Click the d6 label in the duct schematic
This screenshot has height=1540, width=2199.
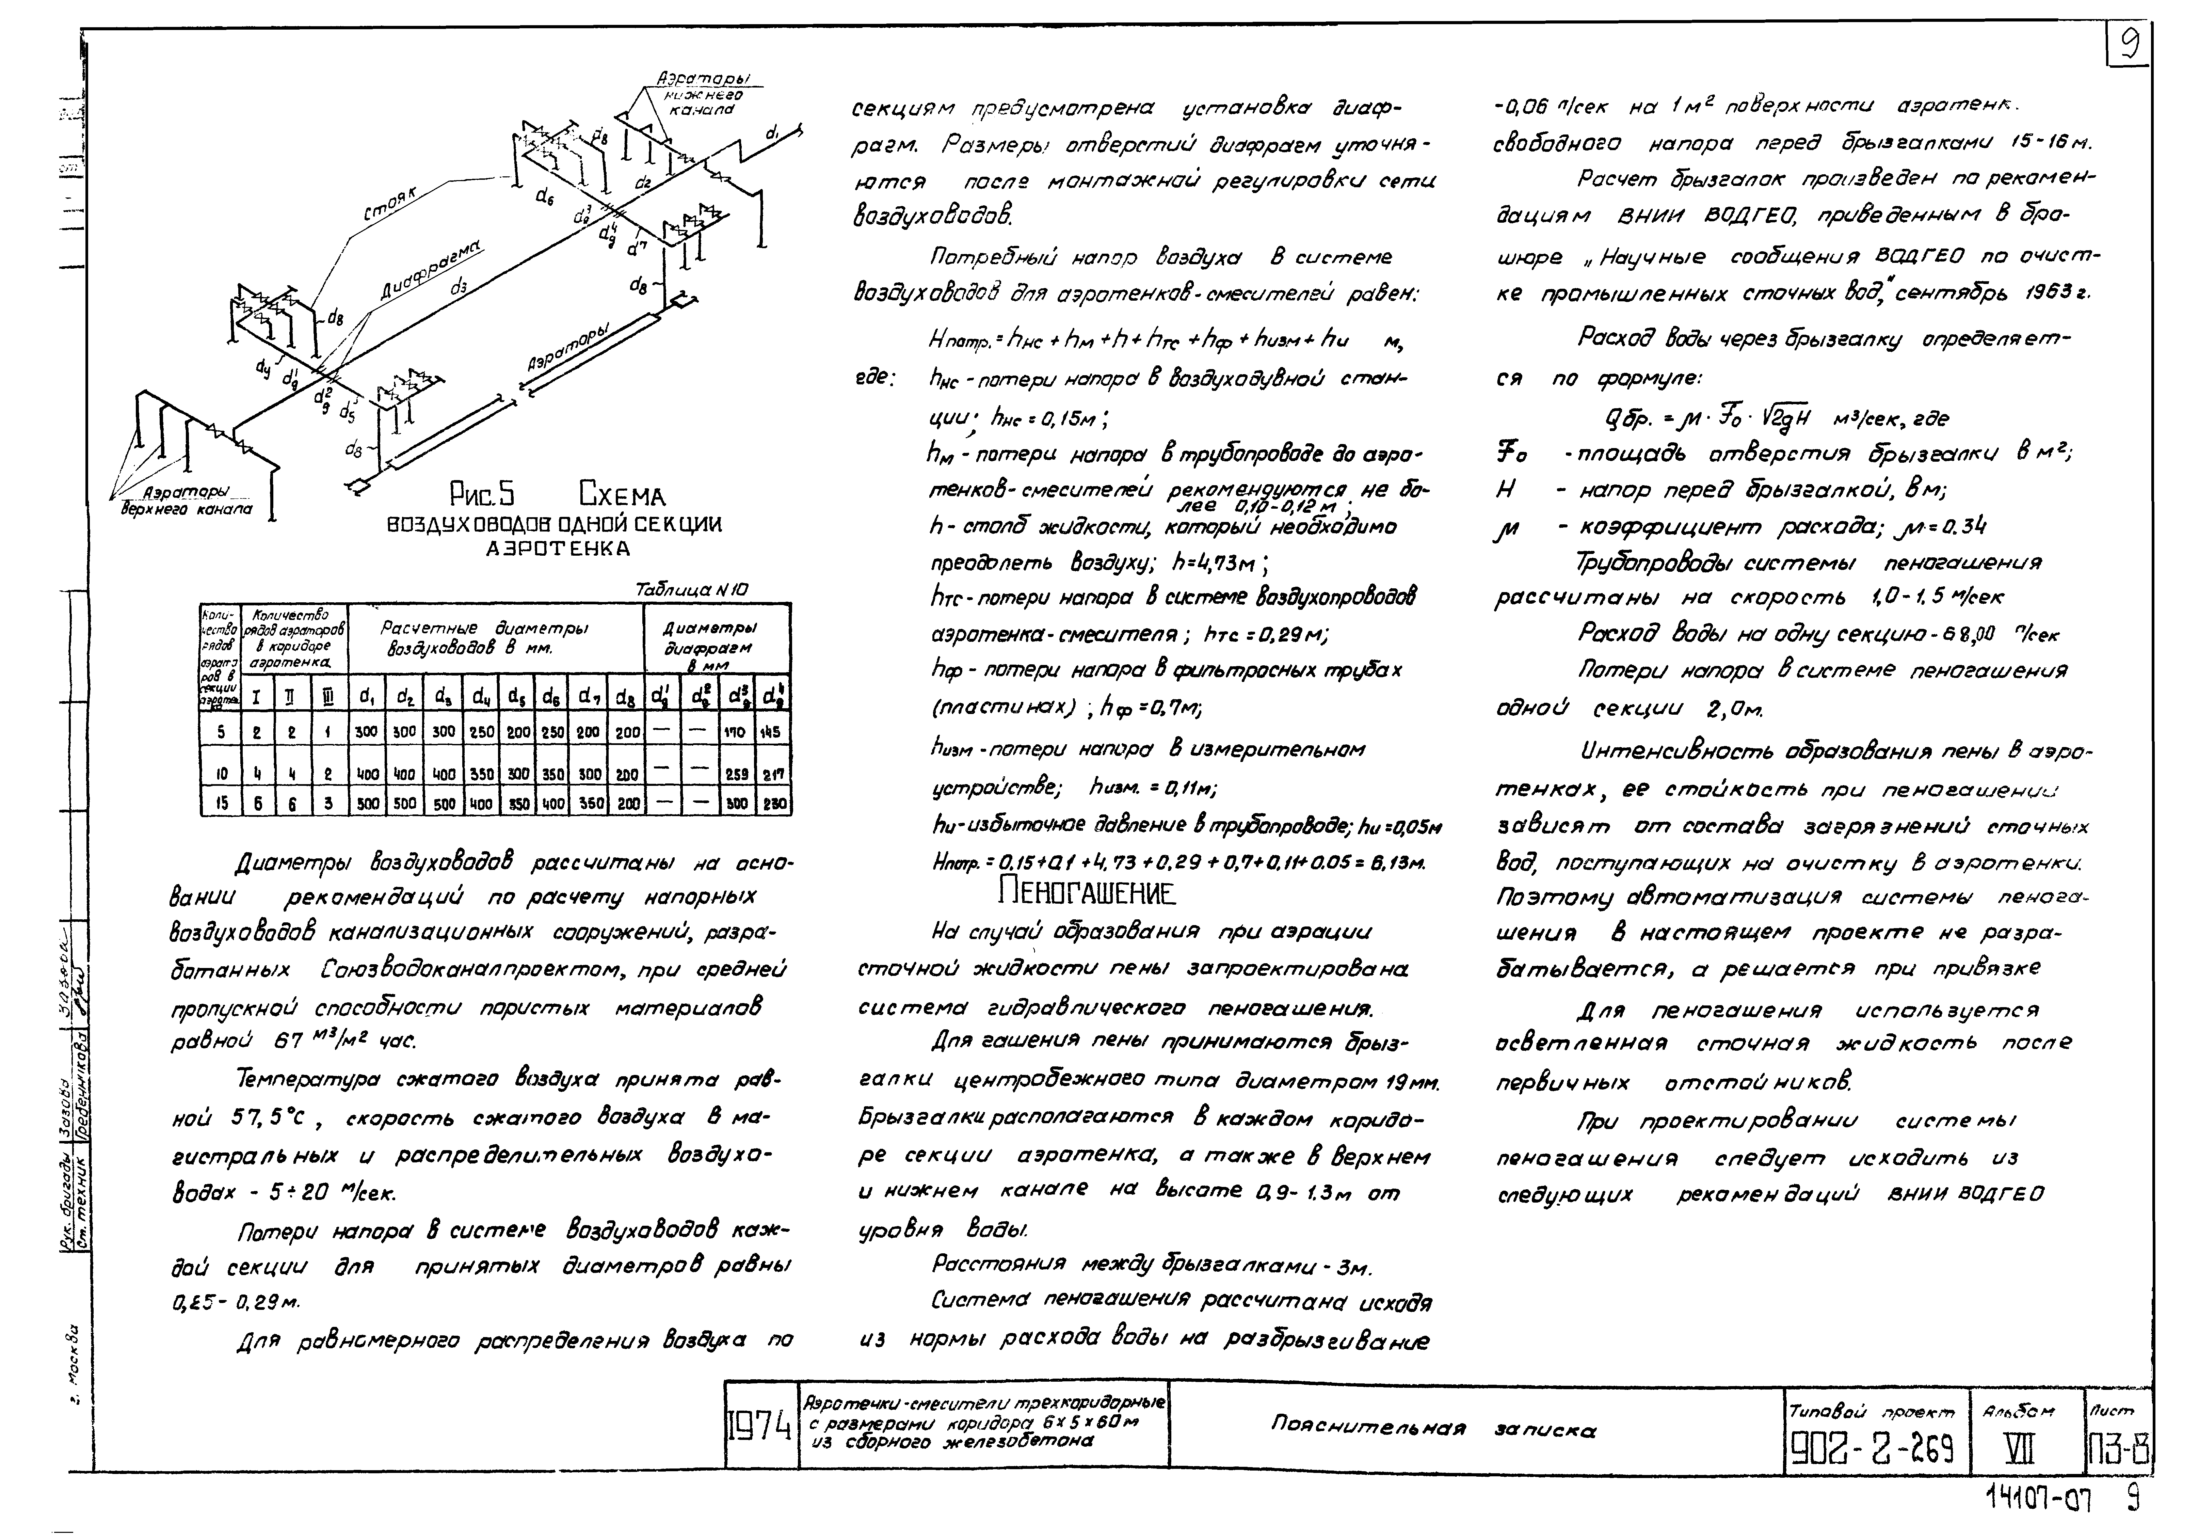click(544, 196)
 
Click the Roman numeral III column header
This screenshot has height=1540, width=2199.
click(327, 699)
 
